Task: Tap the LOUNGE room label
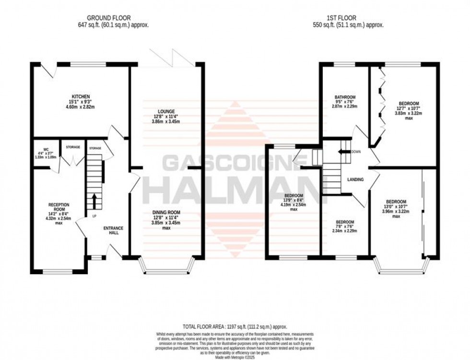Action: [x=167, y=111]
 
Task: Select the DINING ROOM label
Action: [x=167, y=212]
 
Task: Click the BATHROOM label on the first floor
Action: [x=345, y=97]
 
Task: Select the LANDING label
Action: [x=355, y=180]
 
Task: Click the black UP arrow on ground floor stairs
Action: [x=94, y=202]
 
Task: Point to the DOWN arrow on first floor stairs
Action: [x=344, y=151]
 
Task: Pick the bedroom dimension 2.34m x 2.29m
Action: [x=345, y=231]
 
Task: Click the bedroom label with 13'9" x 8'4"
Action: [x=293, y=195]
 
